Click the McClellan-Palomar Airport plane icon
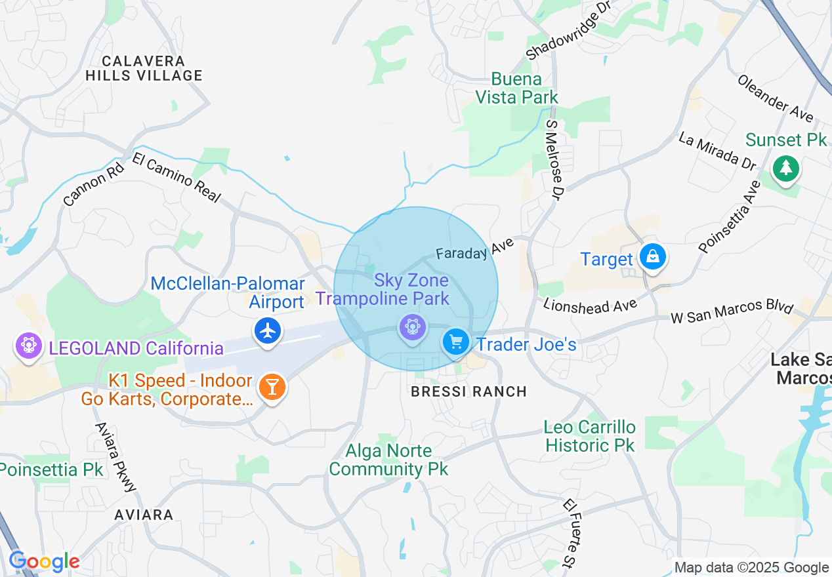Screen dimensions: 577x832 point(267,330)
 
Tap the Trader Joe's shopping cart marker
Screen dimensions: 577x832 point(455,342)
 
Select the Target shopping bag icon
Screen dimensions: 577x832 point(652,257)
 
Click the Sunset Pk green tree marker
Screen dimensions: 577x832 point(785,168)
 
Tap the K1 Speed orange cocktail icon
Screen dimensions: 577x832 point(271,387)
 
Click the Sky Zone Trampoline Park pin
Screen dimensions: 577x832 point(412,327)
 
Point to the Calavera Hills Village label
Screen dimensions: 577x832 point(144,68)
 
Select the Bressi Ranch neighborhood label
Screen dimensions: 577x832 point(468,392)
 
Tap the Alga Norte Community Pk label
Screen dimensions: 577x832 point(388,460)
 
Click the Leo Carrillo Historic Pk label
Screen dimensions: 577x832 point(589,437)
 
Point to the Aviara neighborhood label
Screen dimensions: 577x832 point(144,515)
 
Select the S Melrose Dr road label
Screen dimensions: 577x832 point(554,159)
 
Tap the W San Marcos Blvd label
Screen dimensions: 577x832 point(732,312)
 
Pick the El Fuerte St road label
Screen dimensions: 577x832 point(569,532)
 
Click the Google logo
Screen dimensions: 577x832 point(44,562)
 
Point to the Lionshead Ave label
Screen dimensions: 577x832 point(590,306)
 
